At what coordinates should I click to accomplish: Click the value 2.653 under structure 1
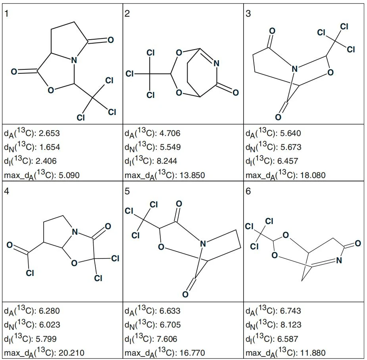coord(49,133)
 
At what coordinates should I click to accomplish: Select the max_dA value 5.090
coord(69,175)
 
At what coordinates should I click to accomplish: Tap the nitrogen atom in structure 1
coord(74,60)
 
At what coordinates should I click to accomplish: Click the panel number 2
coord(127,13)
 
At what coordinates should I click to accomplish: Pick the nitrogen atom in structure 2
coord(217,63)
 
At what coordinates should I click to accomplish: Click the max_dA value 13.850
coord(192,175)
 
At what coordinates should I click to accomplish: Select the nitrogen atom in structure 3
coord(295,69)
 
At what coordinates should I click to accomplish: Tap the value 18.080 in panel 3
coord(313,175)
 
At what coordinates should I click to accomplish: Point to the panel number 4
coord(7,191)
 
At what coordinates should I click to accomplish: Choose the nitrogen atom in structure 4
coord(75,232)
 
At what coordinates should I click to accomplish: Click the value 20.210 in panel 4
coord(71,353)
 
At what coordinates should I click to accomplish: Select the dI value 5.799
coord(46,339)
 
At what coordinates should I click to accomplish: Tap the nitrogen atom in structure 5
coord(203,244)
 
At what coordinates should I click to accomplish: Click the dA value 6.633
coord(170,311)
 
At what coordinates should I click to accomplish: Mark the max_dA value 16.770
coord(192,353)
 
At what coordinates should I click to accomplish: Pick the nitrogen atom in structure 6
coord(339,260)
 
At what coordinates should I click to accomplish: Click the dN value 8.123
coord(291,325)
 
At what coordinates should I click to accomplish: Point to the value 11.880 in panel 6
coord(313,353)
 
